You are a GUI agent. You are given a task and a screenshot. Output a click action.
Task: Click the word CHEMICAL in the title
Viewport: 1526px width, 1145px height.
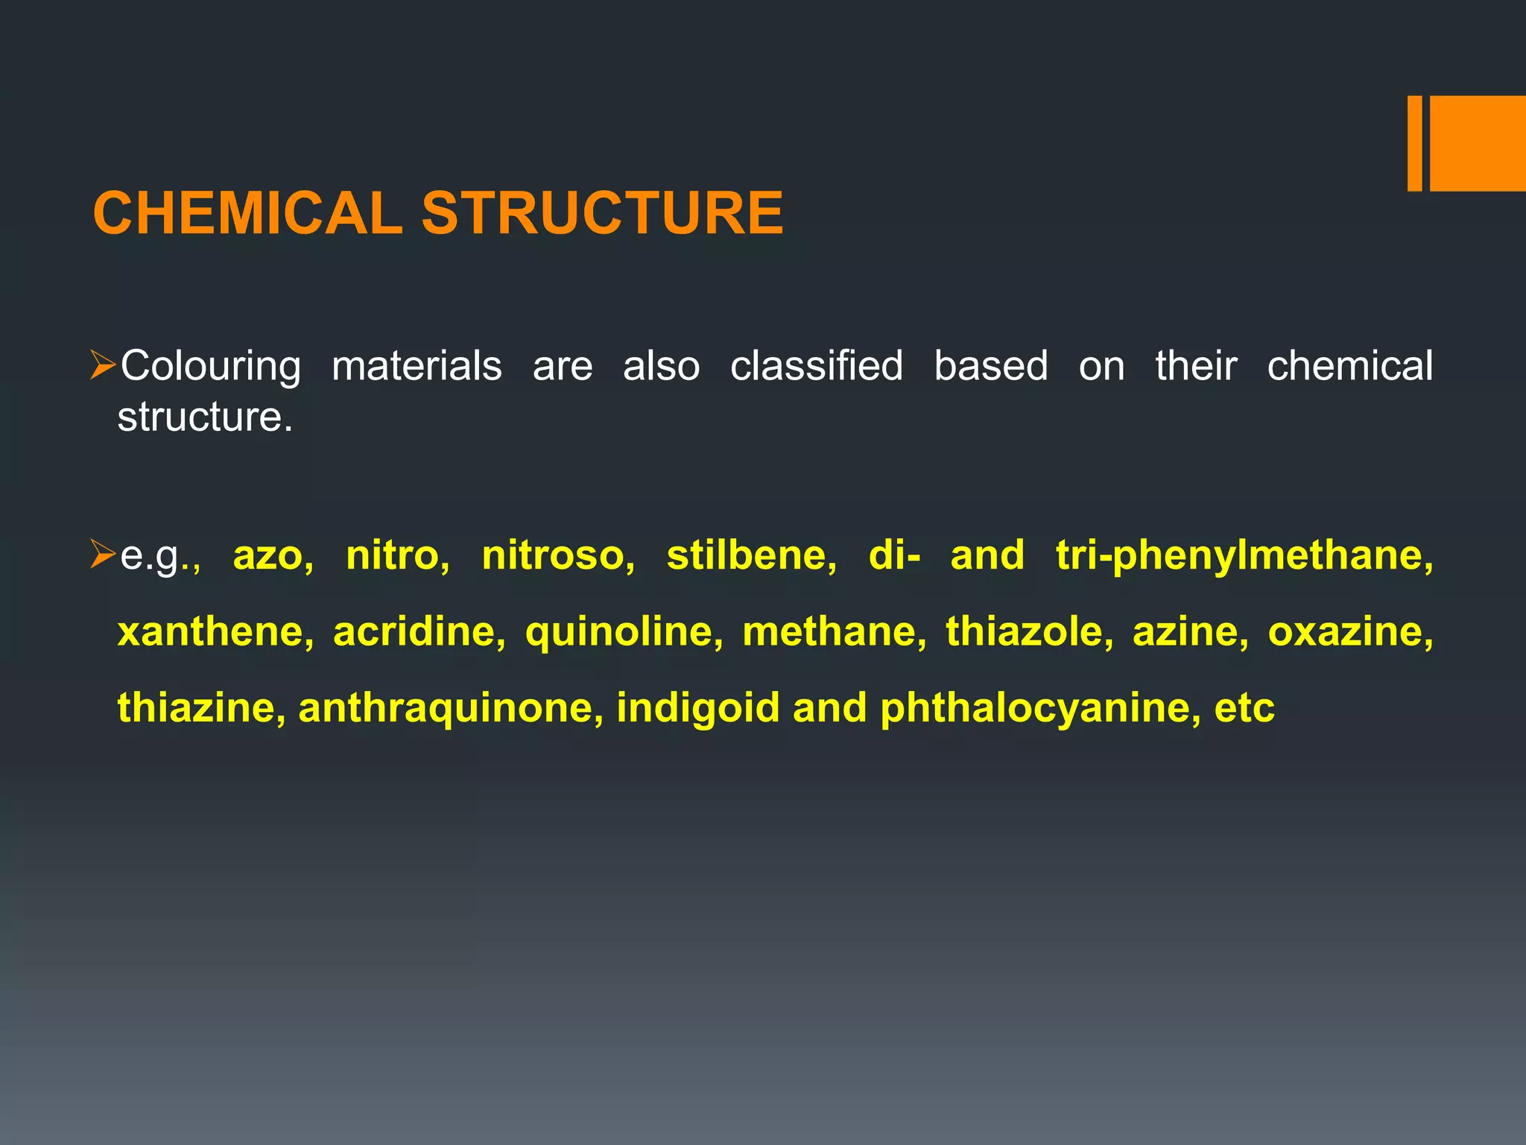point(247,213)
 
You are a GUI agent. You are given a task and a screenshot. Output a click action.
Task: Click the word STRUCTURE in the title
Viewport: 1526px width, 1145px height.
point(602,213)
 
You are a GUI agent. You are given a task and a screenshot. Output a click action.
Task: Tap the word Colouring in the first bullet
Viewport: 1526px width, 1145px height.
point(211,367)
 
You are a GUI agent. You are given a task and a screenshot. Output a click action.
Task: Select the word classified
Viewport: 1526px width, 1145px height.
point(817,365)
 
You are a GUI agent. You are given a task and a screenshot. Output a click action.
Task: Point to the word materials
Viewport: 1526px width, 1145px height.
point(417,365)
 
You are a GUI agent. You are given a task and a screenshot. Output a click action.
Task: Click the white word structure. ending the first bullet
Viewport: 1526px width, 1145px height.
point(205,416)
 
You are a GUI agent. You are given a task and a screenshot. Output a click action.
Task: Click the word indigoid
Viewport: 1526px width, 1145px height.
point(698,708)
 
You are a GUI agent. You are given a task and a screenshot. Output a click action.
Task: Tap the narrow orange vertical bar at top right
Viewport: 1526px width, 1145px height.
point(1414,143)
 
